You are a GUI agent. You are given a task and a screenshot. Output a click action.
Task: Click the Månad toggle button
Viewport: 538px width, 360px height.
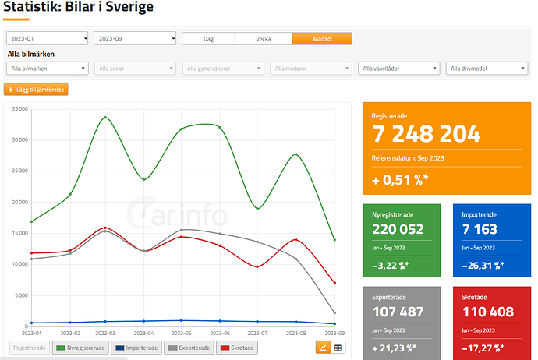[322, 39]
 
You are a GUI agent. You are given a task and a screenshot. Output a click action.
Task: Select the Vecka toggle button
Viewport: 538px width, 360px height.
[264, 39]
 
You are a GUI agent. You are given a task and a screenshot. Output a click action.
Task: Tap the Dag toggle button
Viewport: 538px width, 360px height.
[209, 39]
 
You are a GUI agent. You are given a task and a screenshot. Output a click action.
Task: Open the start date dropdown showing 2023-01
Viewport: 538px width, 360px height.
[48, 38]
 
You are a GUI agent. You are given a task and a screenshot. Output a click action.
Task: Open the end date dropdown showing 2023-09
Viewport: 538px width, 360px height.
[135, 38]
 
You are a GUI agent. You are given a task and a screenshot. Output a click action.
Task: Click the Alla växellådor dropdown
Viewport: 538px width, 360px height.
[398, 69]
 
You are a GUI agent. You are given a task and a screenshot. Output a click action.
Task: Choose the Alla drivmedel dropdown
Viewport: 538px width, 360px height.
[487, 69]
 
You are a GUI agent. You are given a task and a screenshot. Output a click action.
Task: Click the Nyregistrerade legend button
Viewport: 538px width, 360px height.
[80, 348]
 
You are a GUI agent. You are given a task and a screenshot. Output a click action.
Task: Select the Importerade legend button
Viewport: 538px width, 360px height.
[136, 348]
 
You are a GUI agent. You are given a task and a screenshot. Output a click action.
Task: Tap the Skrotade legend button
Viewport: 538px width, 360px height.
[237, 348]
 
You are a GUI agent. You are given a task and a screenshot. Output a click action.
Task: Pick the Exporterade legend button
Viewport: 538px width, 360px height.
[189, 348]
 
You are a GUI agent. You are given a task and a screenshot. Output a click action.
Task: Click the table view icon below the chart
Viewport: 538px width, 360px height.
[338, 348]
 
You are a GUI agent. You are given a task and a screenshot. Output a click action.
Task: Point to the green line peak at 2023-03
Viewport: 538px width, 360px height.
[105, 117]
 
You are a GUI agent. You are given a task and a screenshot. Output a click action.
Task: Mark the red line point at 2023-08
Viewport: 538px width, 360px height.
[296, 240]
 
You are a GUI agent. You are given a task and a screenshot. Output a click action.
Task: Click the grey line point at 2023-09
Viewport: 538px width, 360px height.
[334, 312]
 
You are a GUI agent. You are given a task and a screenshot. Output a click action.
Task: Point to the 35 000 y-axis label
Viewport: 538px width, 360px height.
[20, 109]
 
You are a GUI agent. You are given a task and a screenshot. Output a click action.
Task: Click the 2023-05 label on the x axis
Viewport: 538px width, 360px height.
[181, 333]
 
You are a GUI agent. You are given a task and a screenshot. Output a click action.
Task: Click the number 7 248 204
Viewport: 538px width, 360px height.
[427, 134]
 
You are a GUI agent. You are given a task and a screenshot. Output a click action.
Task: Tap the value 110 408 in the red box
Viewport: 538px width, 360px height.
[488, 312]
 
